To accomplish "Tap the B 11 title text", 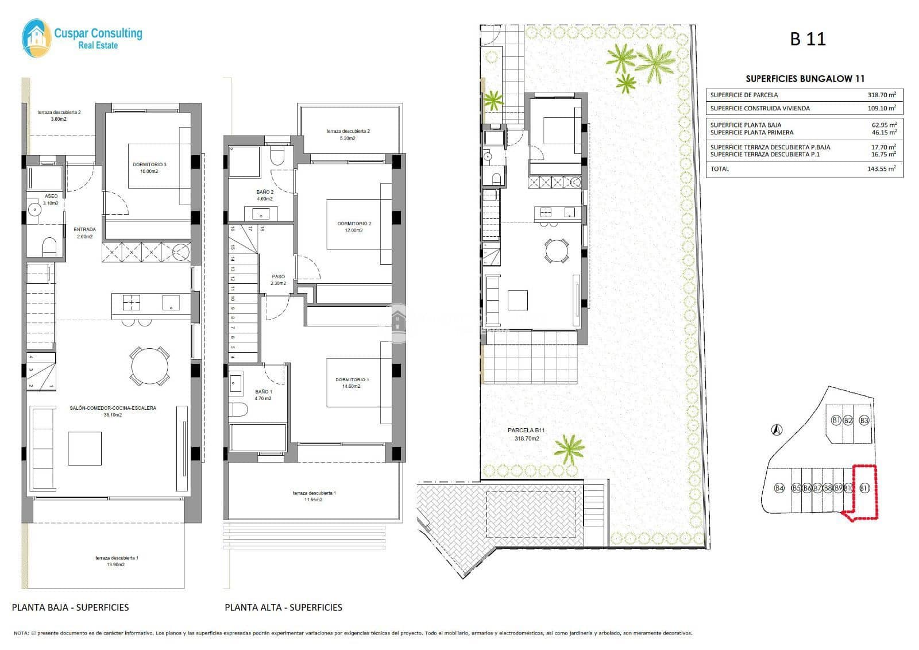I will coord(808,39).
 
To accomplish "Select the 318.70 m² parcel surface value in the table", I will coord(881,95).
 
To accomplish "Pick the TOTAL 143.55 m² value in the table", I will coord(881,169).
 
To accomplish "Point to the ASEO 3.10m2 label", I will coord(51,199).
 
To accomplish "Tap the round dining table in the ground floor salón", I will coord(150,366).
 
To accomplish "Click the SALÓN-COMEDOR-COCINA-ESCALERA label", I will coord(113,411).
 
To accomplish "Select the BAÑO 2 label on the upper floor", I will coord(265,195).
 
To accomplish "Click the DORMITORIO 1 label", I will coord(352,383).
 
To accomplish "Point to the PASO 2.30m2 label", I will coord(278,279).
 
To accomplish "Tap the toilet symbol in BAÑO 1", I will coord(238,410).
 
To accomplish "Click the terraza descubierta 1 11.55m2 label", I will coord(314,496).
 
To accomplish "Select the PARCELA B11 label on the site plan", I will coord(526,434).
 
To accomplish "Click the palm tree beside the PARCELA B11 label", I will coord(569,448).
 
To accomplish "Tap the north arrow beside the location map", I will coord(777,429).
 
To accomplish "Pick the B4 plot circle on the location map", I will coord(779,488).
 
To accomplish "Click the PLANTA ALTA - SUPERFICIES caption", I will coord(283,607).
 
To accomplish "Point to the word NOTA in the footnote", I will coord(21,633).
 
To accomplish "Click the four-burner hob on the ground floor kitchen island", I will coord(132,302).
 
